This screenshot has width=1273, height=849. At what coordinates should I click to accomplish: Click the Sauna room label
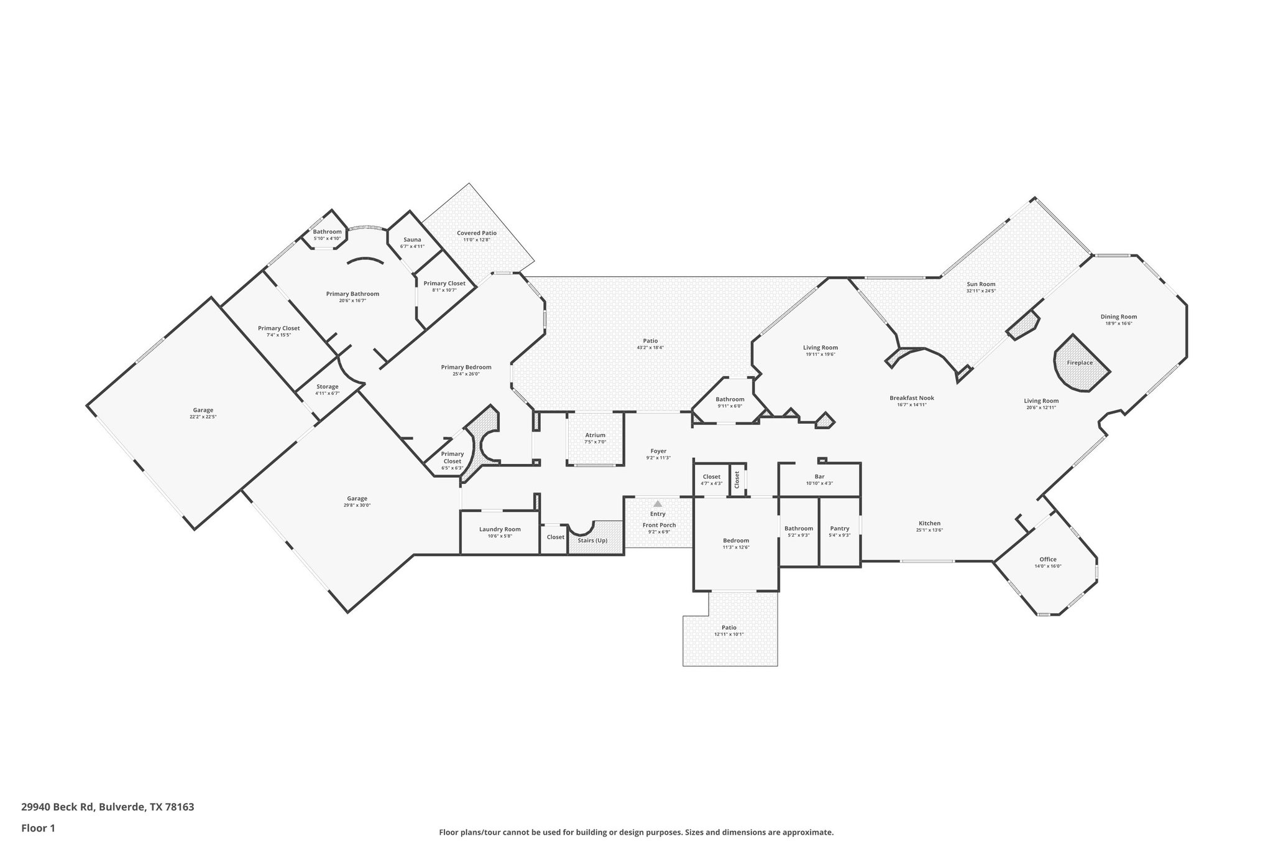pos(412,240)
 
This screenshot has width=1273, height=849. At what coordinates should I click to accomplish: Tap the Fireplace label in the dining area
pos(1080,363)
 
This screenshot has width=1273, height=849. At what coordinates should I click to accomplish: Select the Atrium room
pos(595,438)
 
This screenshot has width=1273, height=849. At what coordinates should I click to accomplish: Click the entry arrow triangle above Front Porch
pos(658,503)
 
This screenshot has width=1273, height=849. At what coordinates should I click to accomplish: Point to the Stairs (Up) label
pos(592,540)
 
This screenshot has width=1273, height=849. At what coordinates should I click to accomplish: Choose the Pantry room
pos(839,531)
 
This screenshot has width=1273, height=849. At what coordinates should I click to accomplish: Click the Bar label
pos(819,476)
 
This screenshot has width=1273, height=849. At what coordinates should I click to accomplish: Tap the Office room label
pos(1047,559)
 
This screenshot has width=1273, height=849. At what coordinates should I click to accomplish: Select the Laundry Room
pos(500,532)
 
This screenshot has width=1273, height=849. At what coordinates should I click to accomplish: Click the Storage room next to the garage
pos(328,389)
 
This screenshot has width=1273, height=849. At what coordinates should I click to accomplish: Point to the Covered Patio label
pos(477,233)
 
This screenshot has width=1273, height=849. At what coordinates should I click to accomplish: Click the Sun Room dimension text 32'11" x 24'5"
pos(981,291)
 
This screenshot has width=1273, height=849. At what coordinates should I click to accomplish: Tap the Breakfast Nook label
pos(911,398)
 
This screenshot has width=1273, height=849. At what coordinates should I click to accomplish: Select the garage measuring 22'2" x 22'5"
pos(203,413)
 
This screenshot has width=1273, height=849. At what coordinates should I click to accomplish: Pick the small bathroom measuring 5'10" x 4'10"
pos(327,234)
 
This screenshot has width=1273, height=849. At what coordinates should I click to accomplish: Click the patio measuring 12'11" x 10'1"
pos(729,631)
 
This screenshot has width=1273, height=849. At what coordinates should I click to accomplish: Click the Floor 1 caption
pos(39,828)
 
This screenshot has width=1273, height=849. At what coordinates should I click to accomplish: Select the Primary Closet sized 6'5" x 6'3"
pos(453,460)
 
